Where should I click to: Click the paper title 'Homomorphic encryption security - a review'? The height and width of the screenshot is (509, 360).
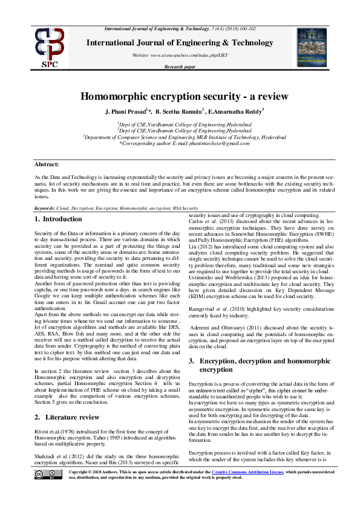pyautogui.click(x=179, y=97)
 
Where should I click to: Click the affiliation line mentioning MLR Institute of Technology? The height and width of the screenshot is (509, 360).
pyautogui.click(x=179, y=137)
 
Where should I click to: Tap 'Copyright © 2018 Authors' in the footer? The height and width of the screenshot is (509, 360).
pyautogui.click(x=98, y=488)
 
